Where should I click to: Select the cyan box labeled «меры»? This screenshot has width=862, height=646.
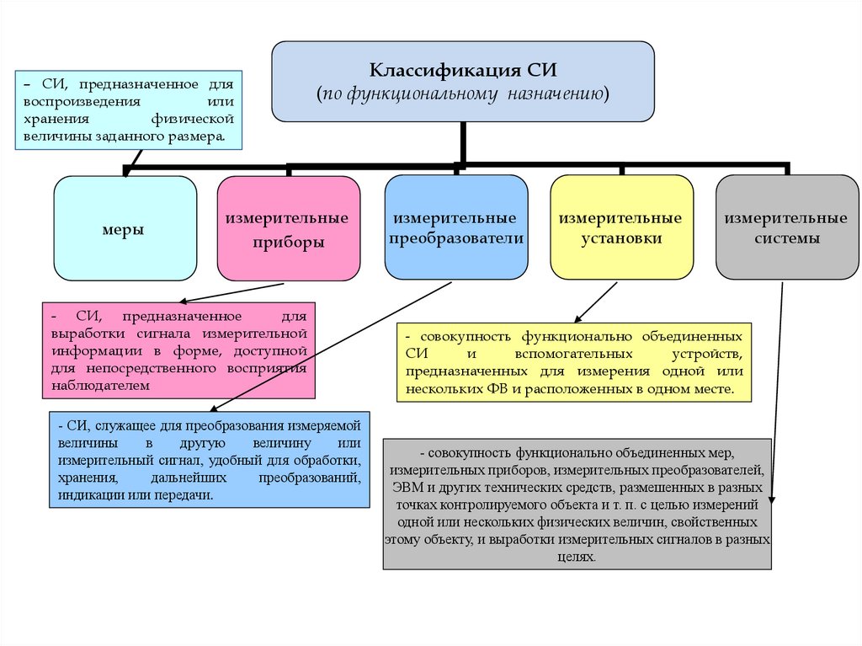coord(125,228)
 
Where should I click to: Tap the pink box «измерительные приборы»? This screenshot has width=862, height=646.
coord(287,229)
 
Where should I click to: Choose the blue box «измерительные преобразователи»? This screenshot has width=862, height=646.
coord(456,228)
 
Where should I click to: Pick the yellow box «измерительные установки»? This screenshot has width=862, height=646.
coord(621,228)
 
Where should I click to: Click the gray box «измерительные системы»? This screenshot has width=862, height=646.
coord(786,228)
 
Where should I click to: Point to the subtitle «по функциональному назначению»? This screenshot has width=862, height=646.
coord(462,93)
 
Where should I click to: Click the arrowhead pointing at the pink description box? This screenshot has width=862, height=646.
coord(183,301)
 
